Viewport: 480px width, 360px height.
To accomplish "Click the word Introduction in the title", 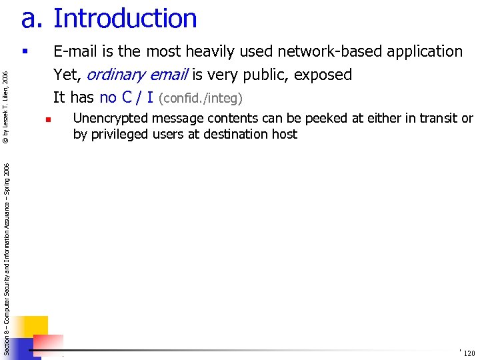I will pyautogui.click(x=125, y=19).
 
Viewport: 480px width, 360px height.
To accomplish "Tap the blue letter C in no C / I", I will pyautogui.click(x=127, y=97).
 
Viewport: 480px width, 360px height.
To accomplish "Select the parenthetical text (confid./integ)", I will pyautogui.click(x=201, y=99).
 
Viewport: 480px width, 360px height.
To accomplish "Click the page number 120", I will pyautogui.click(x=469, y=353).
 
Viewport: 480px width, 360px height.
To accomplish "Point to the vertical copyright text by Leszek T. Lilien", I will pyautogui.click(x=5, y=107).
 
